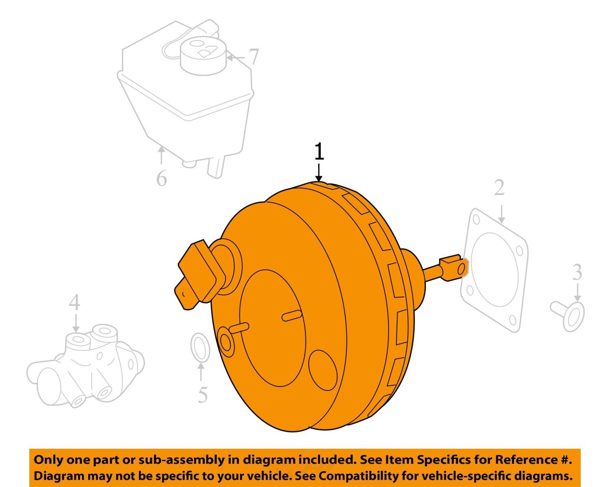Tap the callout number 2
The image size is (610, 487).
(x=499, y=187)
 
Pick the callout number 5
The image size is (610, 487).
(x=203, y=395)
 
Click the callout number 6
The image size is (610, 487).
(x=161, y=178)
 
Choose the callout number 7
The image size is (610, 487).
(x=253, y=57)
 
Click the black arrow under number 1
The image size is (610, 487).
(x=319, y=172)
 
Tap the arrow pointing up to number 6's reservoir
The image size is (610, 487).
(x=161, y=155)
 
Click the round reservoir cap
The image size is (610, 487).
(x=203, y=56)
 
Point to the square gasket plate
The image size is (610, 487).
(x=494, y=270)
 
